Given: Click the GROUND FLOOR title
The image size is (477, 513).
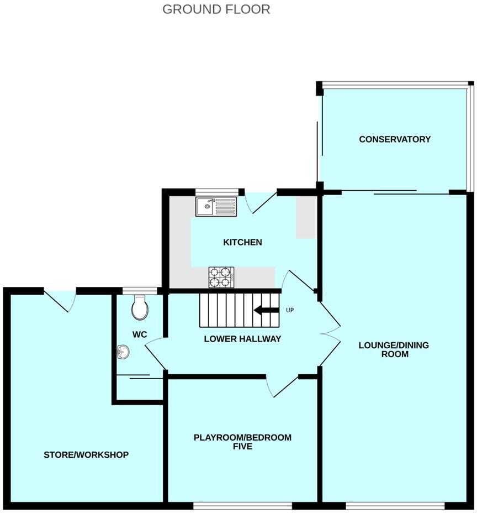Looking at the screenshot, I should coord(216,9).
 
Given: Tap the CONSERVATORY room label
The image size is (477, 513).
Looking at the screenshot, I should coord(394,139).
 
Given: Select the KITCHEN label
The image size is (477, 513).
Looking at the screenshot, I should coord(242,242).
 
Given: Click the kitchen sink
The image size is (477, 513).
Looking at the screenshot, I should coord(215,207).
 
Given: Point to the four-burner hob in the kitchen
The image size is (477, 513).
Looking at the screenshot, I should coord(221,277).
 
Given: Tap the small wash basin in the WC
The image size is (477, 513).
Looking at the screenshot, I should coord(123,351).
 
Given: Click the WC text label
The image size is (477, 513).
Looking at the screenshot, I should coord(139,334).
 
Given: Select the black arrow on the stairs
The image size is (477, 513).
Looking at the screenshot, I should coord(266,310).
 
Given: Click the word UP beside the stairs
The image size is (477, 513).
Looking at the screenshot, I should coord(290,310).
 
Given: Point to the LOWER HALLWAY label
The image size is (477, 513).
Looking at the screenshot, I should coord(242,339).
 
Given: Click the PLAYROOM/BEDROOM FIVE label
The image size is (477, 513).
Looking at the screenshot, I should coord(242,442).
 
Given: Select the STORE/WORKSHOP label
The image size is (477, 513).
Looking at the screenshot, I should coord(86,455).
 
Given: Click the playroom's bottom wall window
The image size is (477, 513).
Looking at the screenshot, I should coord(242,505).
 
